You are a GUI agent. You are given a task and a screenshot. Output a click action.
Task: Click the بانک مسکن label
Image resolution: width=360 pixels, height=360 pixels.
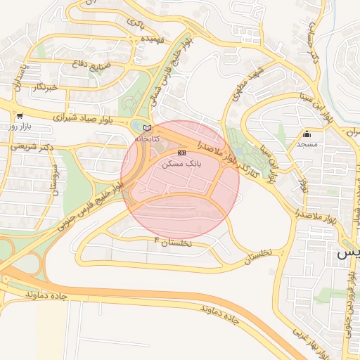(181, 162)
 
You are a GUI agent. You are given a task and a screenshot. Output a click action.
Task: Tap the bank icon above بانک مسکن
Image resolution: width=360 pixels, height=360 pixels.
(182, 153)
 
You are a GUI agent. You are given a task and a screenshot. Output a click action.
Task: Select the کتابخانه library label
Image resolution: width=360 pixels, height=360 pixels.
(147, 139)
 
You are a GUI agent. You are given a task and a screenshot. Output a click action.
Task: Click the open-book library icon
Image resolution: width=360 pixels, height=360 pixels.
(147, 128)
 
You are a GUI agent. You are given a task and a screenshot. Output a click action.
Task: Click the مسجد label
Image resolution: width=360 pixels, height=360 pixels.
(308, 144)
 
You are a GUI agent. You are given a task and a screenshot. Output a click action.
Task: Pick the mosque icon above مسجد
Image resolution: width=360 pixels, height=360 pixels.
(307, 134)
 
